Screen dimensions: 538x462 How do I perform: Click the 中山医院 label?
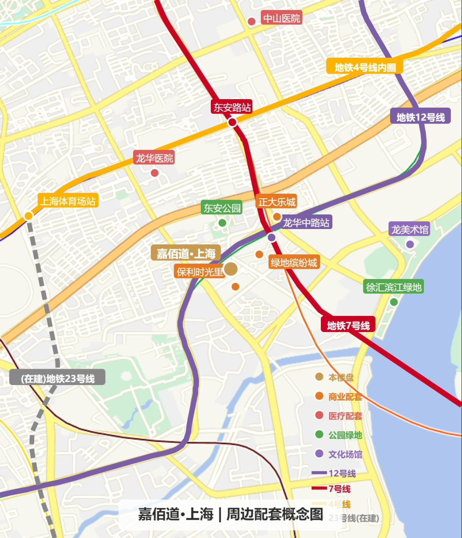point(281,18)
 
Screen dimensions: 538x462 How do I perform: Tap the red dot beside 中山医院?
point(252,21)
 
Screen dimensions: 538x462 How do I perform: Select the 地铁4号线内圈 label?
point(365,67)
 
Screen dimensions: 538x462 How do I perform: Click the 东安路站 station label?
point(232,107)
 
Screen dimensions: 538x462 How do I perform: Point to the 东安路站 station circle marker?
point(232,123)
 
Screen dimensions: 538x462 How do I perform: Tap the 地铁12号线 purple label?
point(421,117)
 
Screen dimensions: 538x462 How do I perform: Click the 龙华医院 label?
point(154,158)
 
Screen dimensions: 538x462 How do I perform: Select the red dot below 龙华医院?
point(154,173)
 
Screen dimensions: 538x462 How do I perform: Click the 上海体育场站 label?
point(68,201)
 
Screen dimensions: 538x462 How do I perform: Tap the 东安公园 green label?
point(222,208)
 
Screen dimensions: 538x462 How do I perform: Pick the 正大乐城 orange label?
point(277,202)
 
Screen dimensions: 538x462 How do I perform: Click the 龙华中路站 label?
point(306,223)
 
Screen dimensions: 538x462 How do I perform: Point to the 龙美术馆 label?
point(410,229)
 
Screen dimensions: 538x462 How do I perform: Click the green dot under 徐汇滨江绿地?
point(394,302)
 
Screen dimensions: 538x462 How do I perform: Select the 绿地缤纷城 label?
point(294,262)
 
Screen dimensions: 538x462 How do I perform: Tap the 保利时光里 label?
point(200,271)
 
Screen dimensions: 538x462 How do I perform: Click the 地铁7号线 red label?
point(348,326)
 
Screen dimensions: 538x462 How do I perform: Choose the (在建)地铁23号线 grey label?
point(57,378)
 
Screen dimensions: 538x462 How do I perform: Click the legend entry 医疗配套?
point(345,416)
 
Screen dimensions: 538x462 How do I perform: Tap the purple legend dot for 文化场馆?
point(319,454)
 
